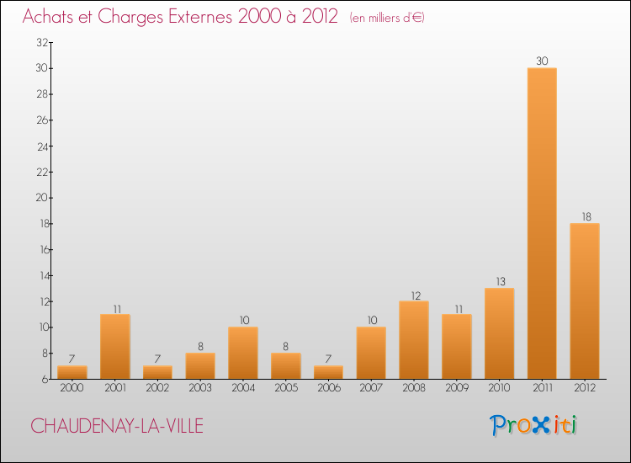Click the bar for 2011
pyautogui.click(x=542, y=223)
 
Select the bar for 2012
pyautogui.click(x=585, y=301)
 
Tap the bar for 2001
pyautogui.click(x=115, y=346)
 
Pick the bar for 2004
pyautogui.click(x=243, y=353)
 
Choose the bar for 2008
pyautogui.click(x=414, y=340)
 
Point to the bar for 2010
pyautogui.click(x=499, y=333)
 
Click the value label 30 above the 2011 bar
pyautogui.click(x=542, y=61)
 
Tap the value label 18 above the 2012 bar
pyautogui.click(x=585, y=216)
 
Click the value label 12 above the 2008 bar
pyautogui.click(x=414, y=295)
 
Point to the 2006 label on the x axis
pyautogui.click(x=328, y=388)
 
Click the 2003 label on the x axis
pyautogui.click(x=200, y=388)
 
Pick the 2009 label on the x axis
pyautogui.click(x=457, y=388)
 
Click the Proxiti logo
pyautogui.click(x=534, y=425)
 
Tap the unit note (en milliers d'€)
pyautogui.click(x=387, y=18)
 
